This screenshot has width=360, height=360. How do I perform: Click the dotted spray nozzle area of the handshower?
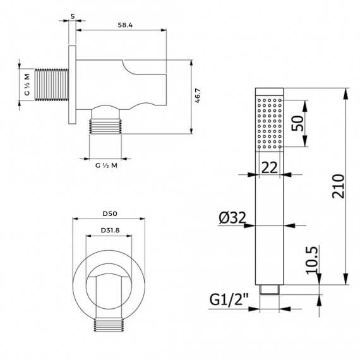point(270,123)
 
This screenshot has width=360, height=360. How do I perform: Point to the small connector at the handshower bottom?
point(270,291)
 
